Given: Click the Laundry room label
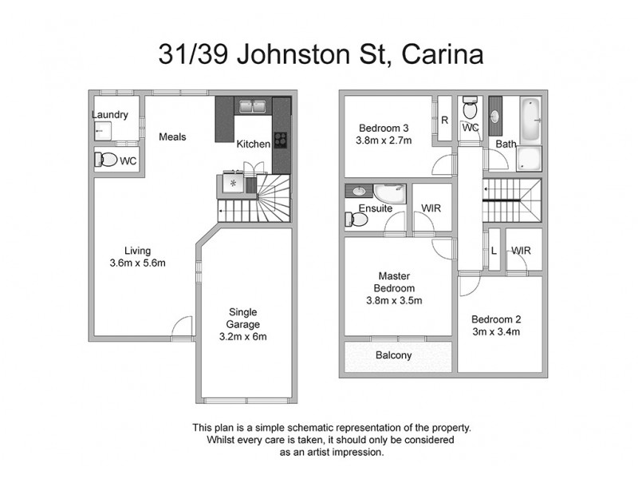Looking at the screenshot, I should (x=110, y=115).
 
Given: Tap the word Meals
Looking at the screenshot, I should (x=172, y=137).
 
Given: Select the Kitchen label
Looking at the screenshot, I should (x=254, y=144).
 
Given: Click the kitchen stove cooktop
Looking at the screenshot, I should (x=280, y=140).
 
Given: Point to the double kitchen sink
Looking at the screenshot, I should (x=253, y=106).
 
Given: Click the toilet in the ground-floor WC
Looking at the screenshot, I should (x=105, y=160).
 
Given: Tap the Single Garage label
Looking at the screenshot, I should (x=243, y=318).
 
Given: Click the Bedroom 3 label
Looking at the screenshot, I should (x=384, y=128).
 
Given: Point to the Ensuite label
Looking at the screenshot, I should (x=375, y=208).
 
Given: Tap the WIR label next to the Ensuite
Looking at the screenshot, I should (x=431, y=208).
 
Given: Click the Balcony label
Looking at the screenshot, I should (x=392, y=355).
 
